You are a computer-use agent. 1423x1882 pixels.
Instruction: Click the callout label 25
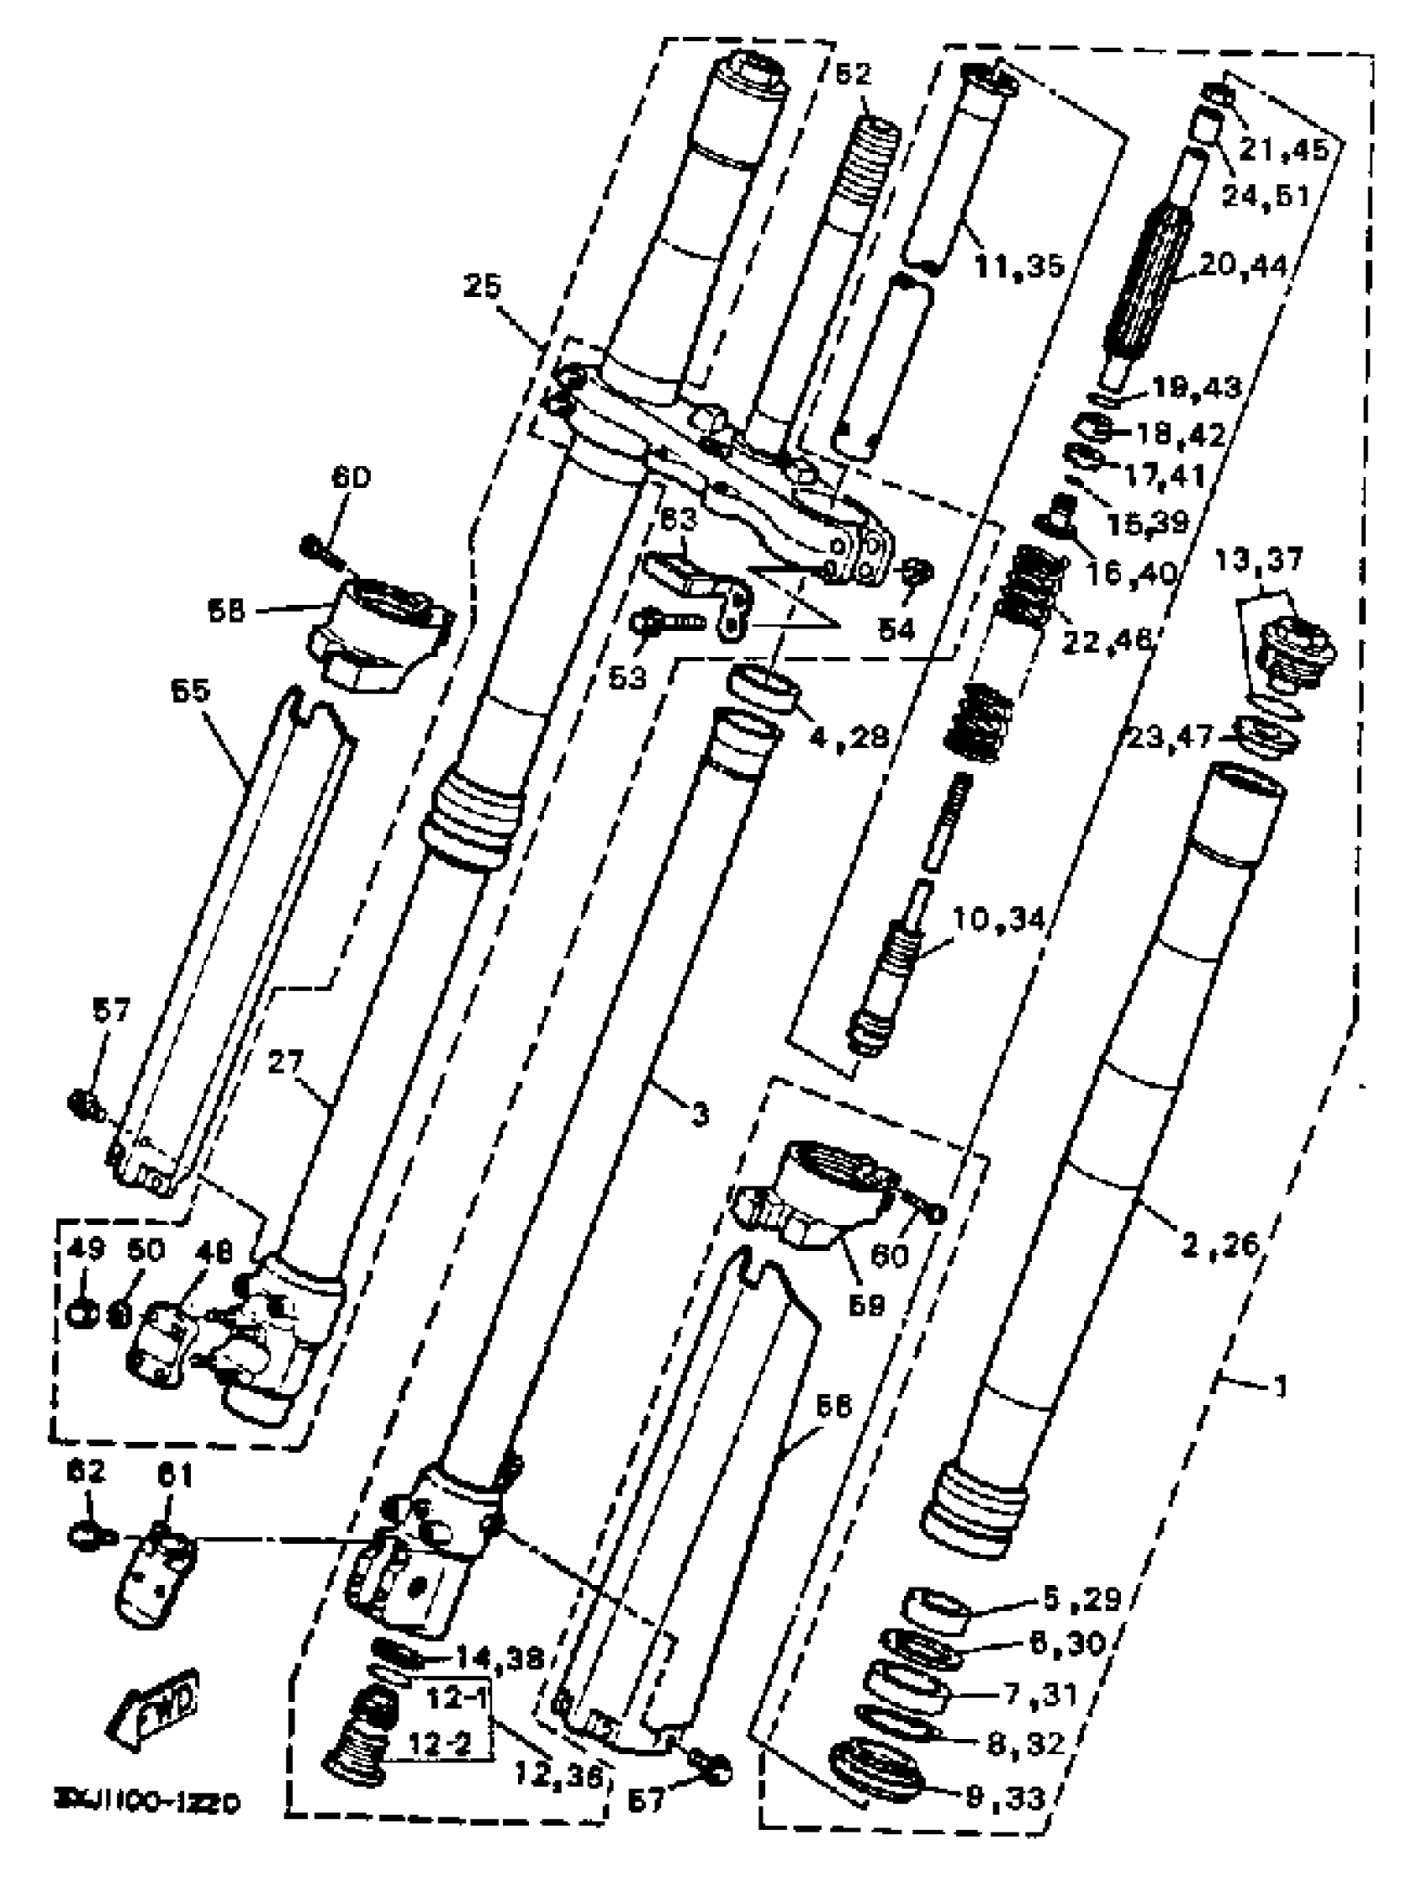pos(482,288)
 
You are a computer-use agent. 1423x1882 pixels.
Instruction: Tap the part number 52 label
pos(853,74)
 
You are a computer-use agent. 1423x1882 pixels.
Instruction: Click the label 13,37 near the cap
pos(1264,562)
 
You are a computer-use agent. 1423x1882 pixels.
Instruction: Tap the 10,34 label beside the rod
pos(998,919)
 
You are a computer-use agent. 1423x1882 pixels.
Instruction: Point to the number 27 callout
pos(285,1064)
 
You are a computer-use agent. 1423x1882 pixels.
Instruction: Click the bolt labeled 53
pos(668,623)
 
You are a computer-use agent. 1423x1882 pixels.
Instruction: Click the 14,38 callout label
pos(500,1656)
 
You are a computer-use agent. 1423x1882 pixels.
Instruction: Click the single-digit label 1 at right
pos(1278,1387)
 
